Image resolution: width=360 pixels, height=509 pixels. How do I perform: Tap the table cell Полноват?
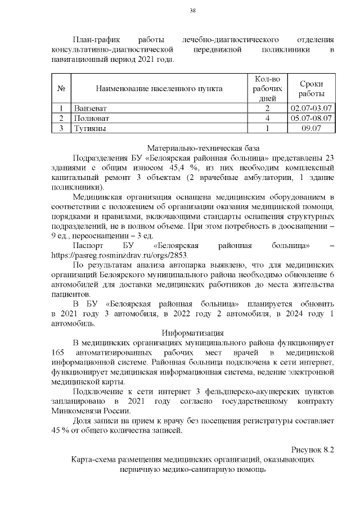pyautogui.click(x=91, y=118)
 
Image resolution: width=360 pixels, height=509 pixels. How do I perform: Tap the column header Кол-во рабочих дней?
pyautogui.click(x=267, y=88)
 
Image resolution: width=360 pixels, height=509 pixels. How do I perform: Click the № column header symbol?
pyautogui.click(x=61, y=88)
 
